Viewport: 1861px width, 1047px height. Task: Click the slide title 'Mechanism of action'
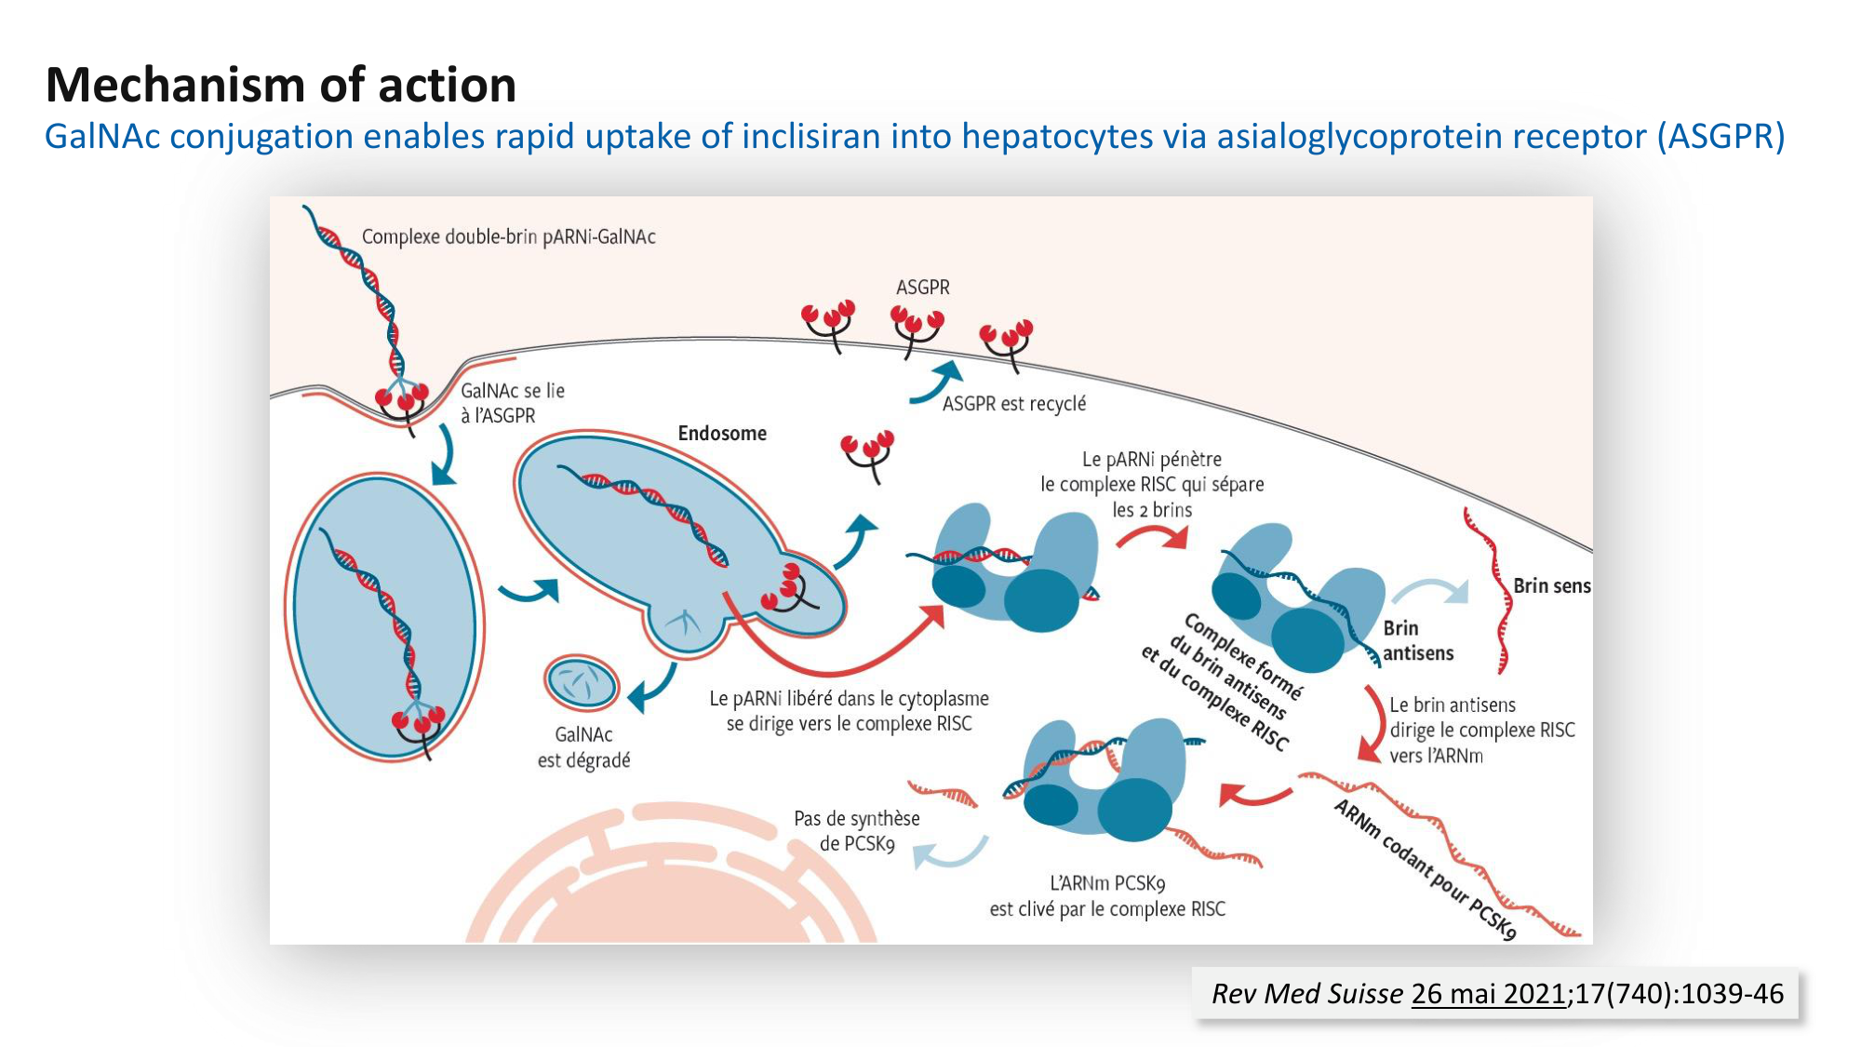[x=281, y=85]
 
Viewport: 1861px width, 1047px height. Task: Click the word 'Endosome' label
[x=722, y=433]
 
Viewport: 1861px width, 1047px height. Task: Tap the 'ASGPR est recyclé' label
[x=1013, y=404]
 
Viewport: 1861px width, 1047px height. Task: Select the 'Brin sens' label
[x=1551, y=585]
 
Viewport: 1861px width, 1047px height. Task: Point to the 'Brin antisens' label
[x=1417, y=640]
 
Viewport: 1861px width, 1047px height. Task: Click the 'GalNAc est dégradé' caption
[x=584, y=747]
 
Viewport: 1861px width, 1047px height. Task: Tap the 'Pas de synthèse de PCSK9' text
[x=856, y=830]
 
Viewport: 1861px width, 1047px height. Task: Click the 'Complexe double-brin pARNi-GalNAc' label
[x=508, y=236]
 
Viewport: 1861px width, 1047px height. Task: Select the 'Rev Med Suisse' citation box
[x=1495, y=994]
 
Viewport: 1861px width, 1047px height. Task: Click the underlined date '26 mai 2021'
[x=1488, y=994]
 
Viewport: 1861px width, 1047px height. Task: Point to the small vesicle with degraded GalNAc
[x=582, y=684]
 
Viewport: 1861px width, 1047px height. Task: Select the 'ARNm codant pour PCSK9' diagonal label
[x=1425, y=869]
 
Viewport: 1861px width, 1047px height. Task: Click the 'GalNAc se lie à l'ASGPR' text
[x=512, y=403]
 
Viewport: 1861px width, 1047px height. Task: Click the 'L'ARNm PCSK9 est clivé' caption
[x=1107, y=895]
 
